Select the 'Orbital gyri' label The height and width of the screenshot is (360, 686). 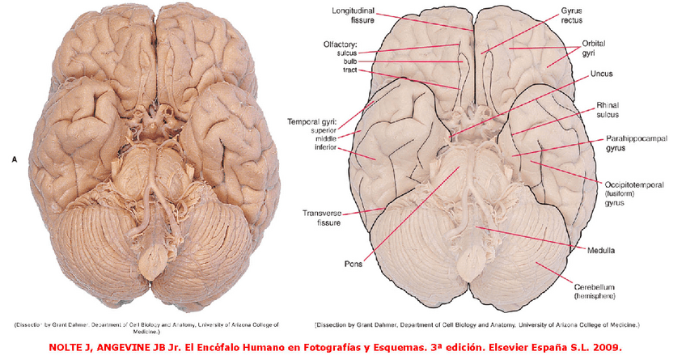[x=594, y=48]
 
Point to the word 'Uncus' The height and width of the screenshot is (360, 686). [x=601, y=74]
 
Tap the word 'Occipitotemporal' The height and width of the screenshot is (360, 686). [x=634, y=184]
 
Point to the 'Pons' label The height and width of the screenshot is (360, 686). [x=353, y=263]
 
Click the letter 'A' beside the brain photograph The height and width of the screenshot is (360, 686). [x=14, y=160]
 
